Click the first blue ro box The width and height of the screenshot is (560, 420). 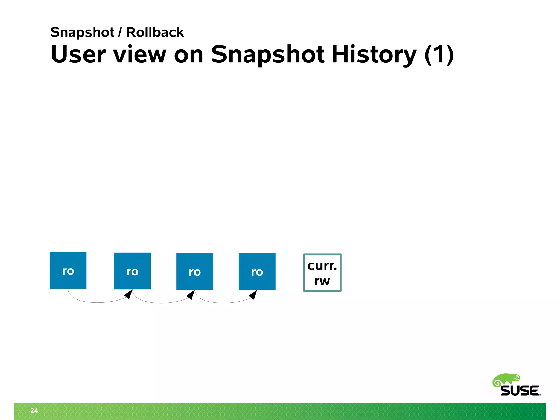(68, 270)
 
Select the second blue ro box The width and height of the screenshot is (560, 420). (132, 271)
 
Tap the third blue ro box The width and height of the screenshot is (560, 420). (195, 272)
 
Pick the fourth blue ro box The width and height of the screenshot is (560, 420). (257, 272)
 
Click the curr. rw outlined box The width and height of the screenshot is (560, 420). (322, 273)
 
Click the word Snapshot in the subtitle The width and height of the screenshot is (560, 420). (82, 33)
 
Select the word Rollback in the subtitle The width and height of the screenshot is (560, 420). (155, 32)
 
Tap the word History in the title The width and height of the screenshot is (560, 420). (374, 55)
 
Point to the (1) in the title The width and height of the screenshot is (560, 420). (439, 55)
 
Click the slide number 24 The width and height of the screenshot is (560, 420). (34, 410)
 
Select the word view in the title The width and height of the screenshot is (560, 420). (140, 54)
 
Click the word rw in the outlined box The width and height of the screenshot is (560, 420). (322, 281)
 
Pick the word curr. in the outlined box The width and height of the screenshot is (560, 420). (322, 266)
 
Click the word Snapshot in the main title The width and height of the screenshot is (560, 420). (268, 55)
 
